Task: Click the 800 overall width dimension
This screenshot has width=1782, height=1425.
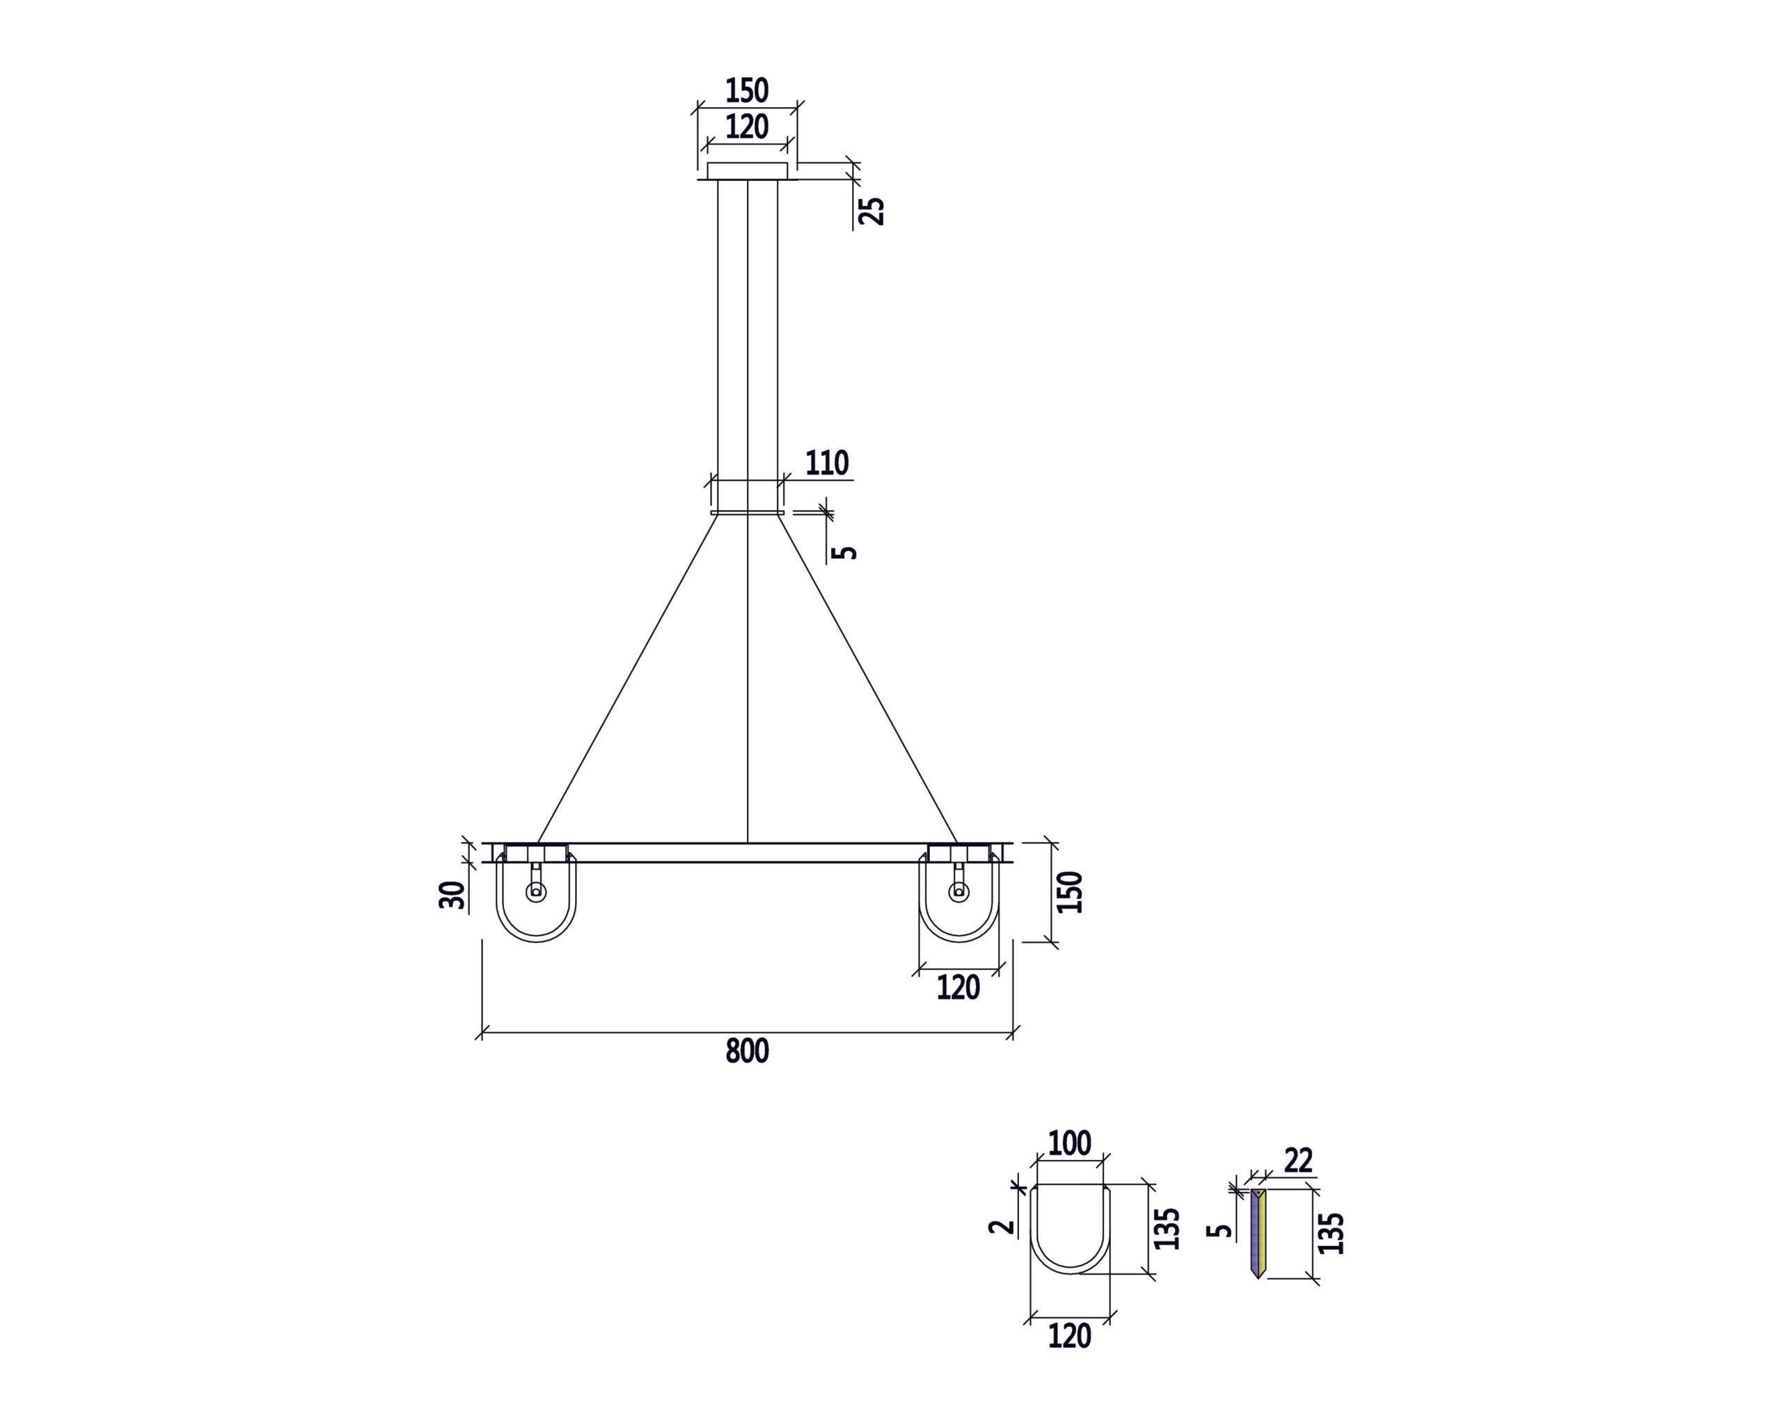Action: pyautogui.click(x=746, y=1051)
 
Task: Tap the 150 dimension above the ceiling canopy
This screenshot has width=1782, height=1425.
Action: pyautogui.click(x=746, y=90)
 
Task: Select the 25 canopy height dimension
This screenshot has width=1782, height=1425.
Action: pyautogui.click(x=872, y=211)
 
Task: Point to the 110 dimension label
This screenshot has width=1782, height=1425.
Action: pyautogui.click(x=826, y=463)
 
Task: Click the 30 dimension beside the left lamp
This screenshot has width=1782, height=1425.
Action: pyautogui.click(x=451, y=895)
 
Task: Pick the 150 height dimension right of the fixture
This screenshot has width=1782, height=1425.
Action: pyautogui.click(x=1069, y=891)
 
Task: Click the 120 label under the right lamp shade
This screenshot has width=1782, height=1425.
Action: pyautogui.click(x=958, y=988)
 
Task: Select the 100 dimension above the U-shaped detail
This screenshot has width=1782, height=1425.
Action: pyautogui.click(x=1069, y=1143)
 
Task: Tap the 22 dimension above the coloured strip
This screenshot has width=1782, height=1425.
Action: pyautogui.click(x=1298, y=1161)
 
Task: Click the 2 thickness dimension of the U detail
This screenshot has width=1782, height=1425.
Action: pyautogui.click(x=1002, y=1225)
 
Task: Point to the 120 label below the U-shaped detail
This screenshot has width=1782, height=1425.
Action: pyautogui.click(x=1069, y=1337)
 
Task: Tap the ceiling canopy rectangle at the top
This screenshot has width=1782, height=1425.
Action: pyautogui.click(x=747, y=171)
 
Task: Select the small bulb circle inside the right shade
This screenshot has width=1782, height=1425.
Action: pyautogui.click(x=959, y=891)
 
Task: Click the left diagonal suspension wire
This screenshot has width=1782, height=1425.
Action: pyautogui.click(x=628, y=678)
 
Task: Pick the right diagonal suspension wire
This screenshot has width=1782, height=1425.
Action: pyautogui.click(x=868, y=678)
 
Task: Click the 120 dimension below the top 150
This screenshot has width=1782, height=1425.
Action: pyautogui.click(x=746, y=127)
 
